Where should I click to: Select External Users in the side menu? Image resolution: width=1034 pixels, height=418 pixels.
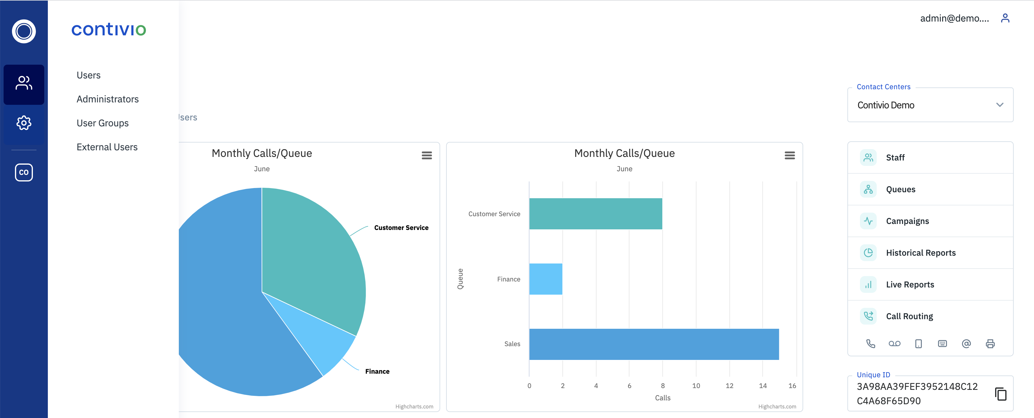pyautogui.click(x=107, y=147)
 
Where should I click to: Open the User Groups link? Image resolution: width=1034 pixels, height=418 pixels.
pyautogui.click(x=102, y=123)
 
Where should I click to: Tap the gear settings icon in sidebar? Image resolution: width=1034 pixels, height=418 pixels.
pyautogui.click(x=24, y=123)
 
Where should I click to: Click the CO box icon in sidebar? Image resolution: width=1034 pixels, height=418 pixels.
pyautogui.click(x=24, y=172)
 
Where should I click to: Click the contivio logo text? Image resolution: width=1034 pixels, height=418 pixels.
pyautogui.click(x=108, y=29)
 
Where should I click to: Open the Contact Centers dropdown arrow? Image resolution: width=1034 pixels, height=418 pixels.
pyautogui.click(x=1000, y=105)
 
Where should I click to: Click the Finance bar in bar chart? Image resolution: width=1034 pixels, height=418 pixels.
pyautogui.click(x=545, y=279)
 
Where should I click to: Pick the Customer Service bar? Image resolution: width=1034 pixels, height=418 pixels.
pyautogui.click(x=595, y=214)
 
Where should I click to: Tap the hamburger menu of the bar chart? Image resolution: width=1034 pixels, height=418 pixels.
pyautogui.click(x=789, y=155)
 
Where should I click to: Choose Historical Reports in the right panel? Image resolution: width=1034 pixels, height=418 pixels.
pyautogui.click(x=920, y=253)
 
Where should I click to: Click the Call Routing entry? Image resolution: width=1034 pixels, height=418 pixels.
pyautogui.click(x=909, y=316)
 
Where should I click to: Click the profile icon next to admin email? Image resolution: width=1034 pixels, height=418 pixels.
pyautogui.click(x=1005, y=18)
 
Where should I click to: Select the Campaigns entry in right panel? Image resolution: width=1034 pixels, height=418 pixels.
pyautogui.click(x=907, y=221)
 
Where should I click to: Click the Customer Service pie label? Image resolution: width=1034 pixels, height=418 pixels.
pyautogui.click(x=401, y=228)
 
